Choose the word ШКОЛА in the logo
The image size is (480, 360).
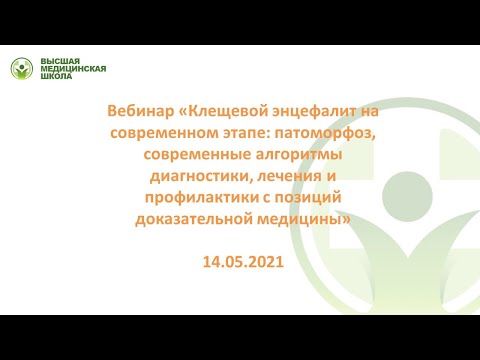point(55,80)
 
